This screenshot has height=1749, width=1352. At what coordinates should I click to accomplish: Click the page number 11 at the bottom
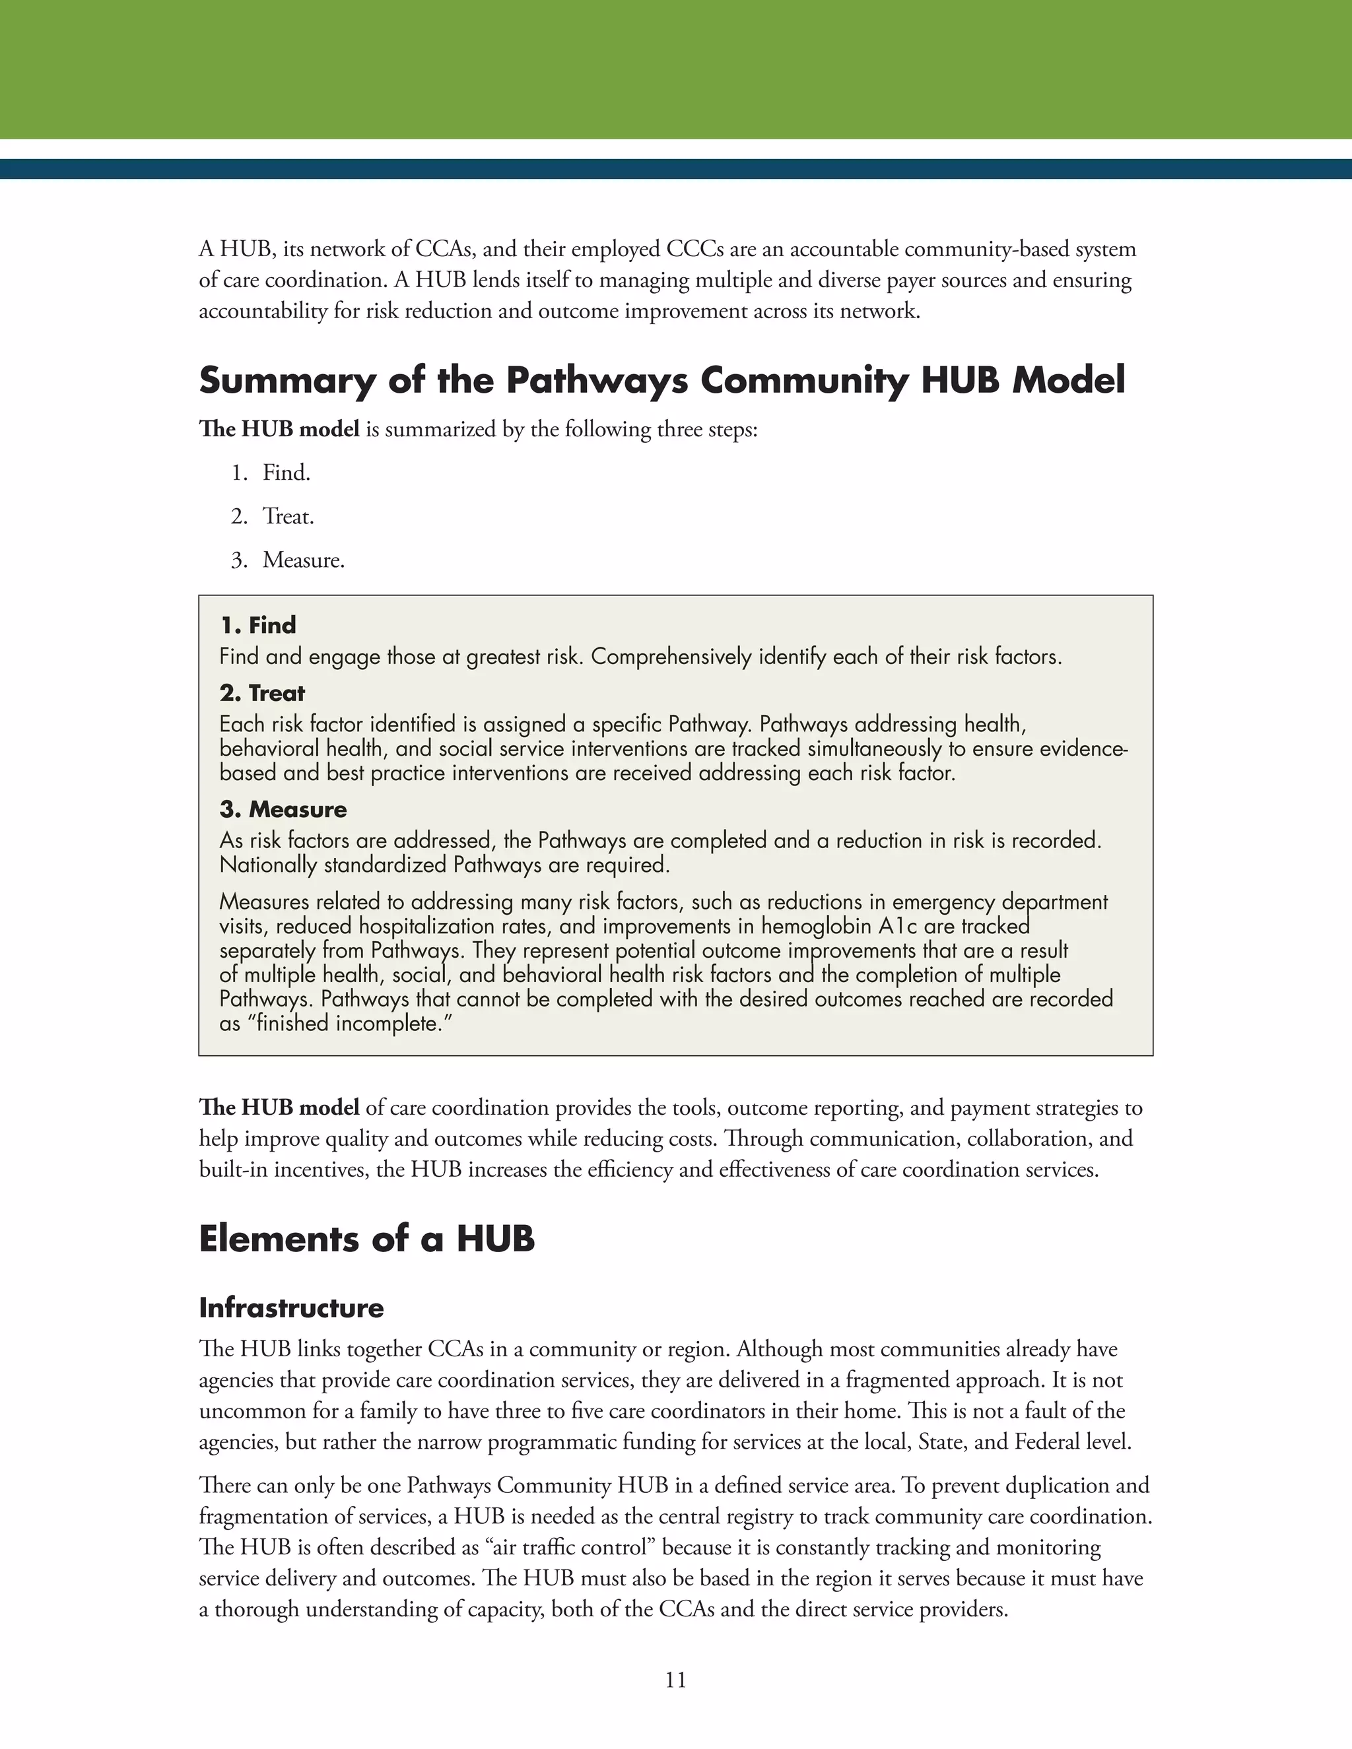[x=675, y=1679]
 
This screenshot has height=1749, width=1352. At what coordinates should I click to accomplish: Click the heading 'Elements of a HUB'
[x=366, y=1239]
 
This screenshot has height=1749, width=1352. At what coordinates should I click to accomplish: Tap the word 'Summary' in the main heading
[x=287, y=379]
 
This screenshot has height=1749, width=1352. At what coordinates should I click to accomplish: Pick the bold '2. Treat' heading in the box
[x=262, y=693]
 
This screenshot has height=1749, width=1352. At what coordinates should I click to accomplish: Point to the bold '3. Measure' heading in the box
[x=283, y=809]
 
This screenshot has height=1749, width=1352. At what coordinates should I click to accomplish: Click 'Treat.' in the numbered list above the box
[x=288, y=517]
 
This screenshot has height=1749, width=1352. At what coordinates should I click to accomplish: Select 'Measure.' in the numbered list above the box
[x=304, y=560]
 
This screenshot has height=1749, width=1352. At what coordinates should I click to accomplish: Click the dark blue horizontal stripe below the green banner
[x=675, y=169]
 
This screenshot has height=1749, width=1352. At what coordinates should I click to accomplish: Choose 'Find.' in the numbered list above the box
[x=286, y=473]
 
